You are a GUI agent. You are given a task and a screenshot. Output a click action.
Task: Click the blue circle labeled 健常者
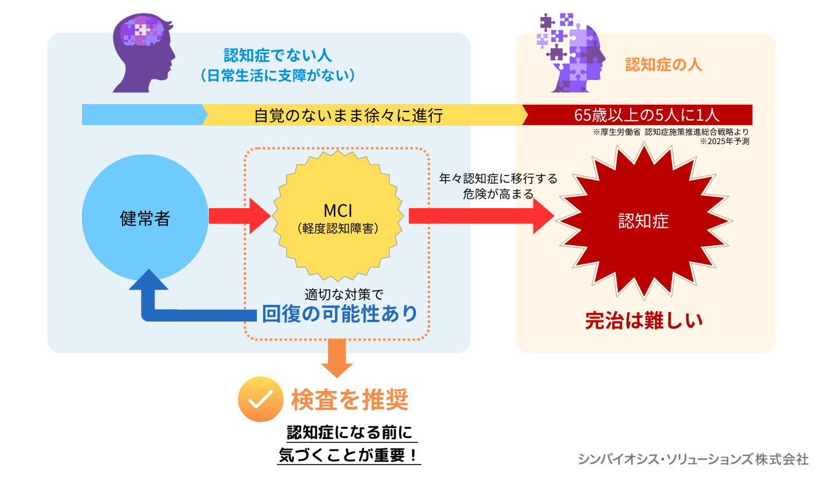coord(144,218)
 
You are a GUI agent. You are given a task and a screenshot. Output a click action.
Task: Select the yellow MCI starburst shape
coord(338,219)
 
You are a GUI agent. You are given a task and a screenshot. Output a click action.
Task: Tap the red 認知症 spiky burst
coord(643,220)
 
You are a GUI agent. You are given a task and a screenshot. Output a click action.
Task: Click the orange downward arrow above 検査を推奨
coord(337,358)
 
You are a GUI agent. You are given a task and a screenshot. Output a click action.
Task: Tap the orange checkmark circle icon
coord(259,399)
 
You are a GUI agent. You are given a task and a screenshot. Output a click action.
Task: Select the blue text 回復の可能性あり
coord(339,314)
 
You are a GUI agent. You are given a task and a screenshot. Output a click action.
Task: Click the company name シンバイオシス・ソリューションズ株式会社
coord(693,459)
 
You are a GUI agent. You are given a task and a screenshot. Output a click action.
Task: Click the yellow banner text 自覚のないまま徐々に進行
coord(348,115)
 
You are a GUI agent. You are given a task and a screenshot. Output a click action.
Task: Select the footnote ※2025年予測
coord(724,141)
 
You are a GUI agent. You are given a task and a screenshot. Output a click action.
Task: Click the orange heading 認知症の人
coord(663,65)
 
